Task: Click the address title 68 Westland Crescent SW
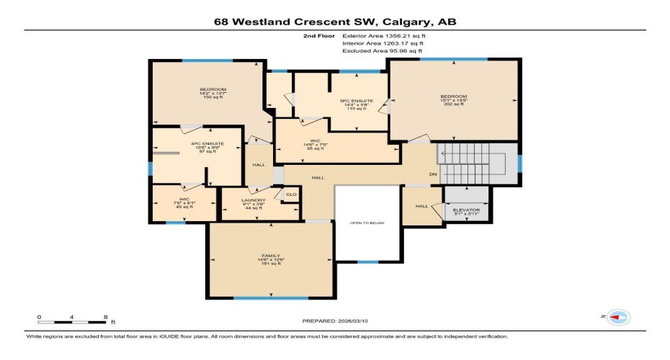pyautogui.click(x=335, y=22)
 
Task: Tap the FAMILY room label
pyautogui.click(x=271, y=256)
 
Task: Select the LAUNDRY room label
pyautogui.click(x=254, y=200)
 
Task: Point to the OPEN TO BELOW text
pyautogui.click(x=367, y=222)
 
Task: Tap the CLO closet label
pyautogui.click(x=291, y=194)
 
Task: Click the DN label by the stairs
pyautogui.click(x=433, y=174)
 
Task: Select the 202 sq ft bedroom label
pyautogui.click(x=454, y=96)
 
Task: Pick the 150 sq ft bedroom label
pyautogui.click(x=207, y=89)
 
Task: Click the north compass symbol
pyautogui.click(x=617, y=317)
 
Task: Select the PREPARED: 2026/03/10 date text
pyautogui.click(x=335, y=320)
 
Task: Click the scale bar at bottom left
pyautogui.click(x=73, y=321)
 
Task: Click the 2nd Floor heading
pyautogui.click(x=317, y=35)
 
